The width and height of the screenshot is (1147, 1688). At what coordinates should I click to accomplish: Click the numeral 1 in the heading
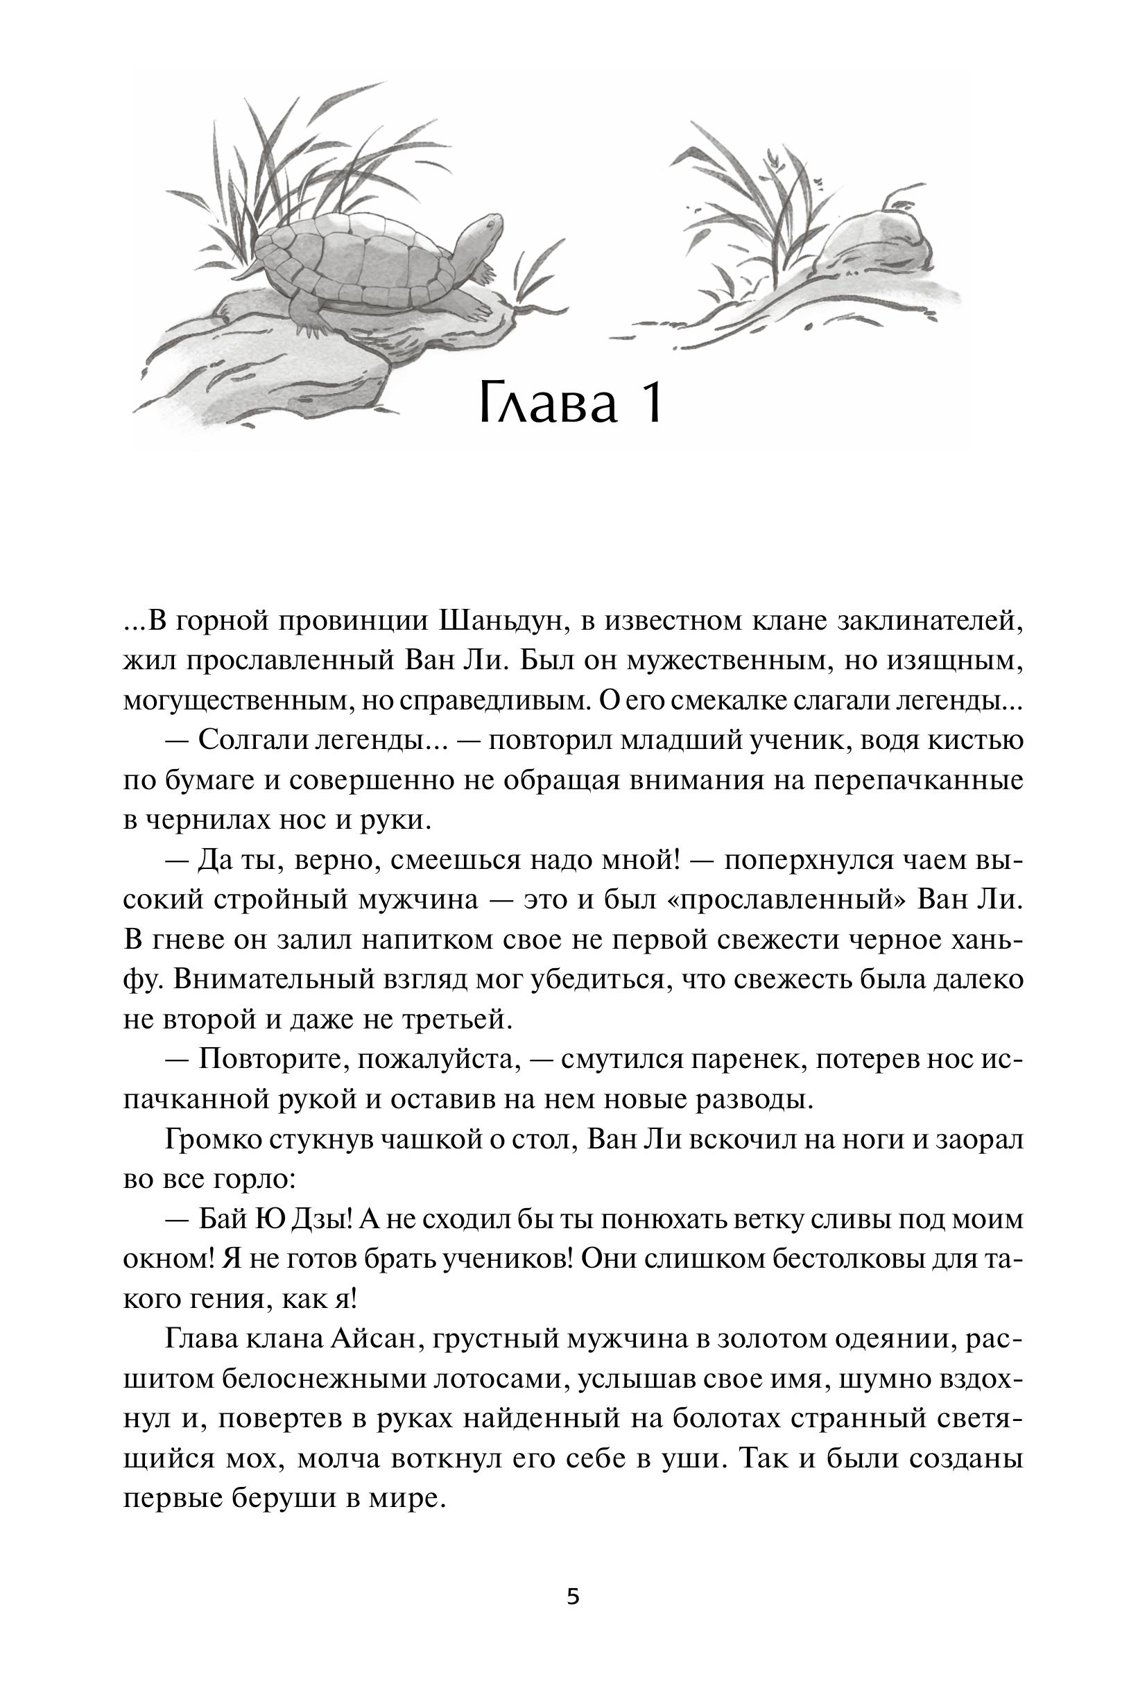[651, 404]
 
